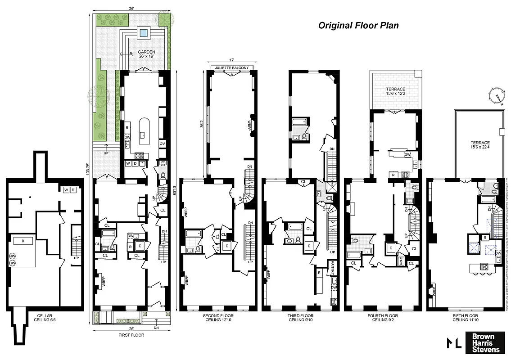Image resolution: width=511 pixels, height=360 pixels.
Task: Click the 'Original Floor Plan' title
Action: pos(358,25)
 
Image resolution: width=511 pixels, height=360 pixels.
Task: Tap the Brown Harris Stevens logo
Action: pos(484,343)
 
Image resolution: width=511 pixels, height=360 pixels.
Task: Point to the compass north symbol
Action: pos(497,95)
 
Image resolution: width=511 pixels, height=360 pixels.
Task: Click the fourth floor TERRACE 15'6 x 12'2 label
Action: pos(395,92)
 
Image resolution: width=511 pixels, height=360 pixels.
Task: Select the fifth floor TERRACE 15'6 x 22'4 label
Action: pos(478,145)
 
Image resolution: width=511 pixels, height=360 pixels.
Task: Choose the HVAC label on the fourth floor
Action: pos(401,260)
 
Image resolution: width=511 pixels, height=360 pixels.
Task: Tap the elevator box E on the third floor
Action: pos(309,246)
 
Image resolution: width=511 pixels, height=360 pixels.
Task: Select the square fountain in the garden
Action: pos(144,32)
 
